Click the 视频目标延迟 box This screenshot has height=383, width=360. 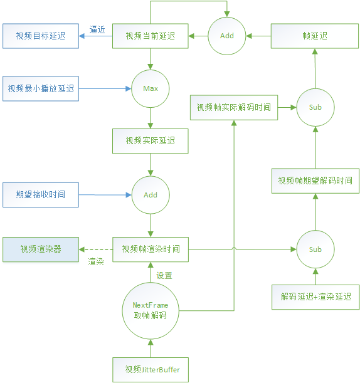tap(41, 36)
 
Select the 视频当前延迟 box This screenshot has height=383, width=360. tap(151, 36)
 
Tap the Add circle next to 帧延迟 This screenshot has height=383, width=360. tap(227, 36)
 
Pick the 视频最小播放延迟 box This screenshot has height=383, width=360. tap(41, 89)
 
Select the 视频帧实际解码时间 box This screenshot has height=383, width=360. tap(234, 107)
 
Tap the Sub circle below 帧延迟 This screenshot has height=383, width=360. tap(315, 107)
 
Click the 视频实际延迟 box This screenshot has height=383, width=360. tap(151, 141)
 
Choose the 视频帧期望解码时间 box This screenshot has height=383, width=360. tap(315, 181)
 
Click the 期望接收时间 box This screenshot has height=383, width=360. tap(41, 195)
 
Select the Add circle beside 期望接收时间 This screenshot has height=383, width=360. tap(151, 195)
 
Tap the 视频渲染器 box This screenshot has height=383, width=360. tap(41, 249)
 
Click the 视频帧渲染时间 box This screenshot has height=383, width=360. tap(151, 249)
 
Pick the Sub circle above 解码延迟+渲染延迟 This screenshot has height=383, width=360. tap(315, 249)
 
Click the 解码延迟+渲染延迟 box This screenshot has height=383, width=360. tap(315, 296)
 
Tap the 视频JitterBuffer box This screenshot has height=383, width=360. tap(151, 369)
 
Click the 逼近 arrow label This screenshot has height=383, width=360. tap(97, 29)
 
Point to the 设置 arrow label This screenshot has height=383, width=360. tap(164, 276)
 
